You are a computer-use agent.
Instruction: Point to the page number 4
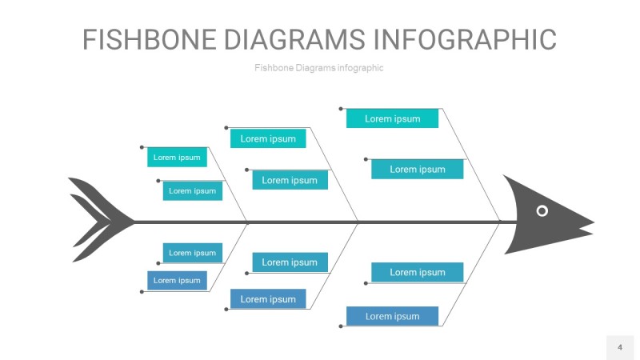point(619,347)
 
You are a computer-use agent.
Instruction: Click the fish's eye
point(542,210)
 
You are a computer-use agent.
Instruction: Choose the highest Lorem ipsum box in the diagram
point(392,118)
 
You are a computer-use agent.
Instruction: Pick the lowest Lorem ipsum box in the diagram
point(392,316)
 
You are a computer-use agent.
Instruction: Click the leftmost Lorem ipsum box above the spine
point(177,158)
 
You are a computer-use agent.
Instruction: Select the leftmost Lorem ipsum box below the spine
point(177,280)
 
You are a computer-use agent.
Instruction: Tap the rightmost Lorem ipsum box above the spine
point(417,169)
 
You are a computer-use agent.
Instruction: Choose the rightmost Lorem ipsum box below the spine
point(417,272)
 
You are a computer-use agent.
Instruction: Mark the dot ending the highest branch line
point(341,108)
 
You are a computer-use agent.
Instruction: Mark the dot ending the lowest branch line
point(341,326)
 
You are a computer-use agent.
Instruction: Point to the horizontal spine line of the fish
point(320,222)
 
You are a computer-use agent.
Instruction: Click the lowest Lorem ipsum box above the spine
point(193,190)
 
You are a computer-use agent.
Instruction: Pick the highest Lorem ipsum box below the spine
point(193,253)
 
